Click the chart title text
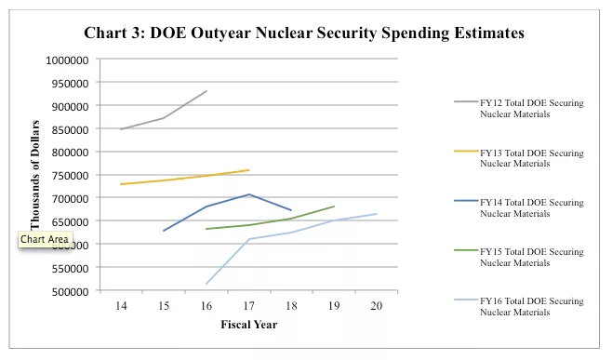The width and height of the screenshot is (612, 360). pyautogui.click(x=304, y=33)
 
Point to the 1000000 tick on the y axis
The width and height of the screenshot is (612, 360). pyautogui.click(x=67, y=60)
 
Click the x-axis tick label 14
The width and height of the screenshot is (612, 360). pyautogui.click(x=121, y=305)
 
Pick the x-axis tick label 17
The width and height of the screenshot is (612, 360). pyautogui.click(x=248, y=305)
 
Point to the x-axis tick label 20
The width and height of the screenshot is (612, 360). pyautogui.click(x=376, y=305)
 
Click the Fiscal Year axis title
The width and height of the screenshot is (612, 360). pyautogui.click(x=248, y=325)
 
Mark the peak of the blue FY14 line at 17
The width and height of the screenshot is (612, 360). pyautogui.click(x=248, y=194)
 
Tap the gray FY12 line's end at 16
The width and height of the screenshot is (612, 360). pyautogui.click(x=206, y=91)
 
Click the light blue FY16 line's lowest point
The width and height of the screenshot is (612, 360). pyautogui.click(x=206, y=284)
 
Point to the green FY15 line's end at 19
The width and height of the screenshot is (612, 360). pyautogui.click(x=334, y=207)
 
